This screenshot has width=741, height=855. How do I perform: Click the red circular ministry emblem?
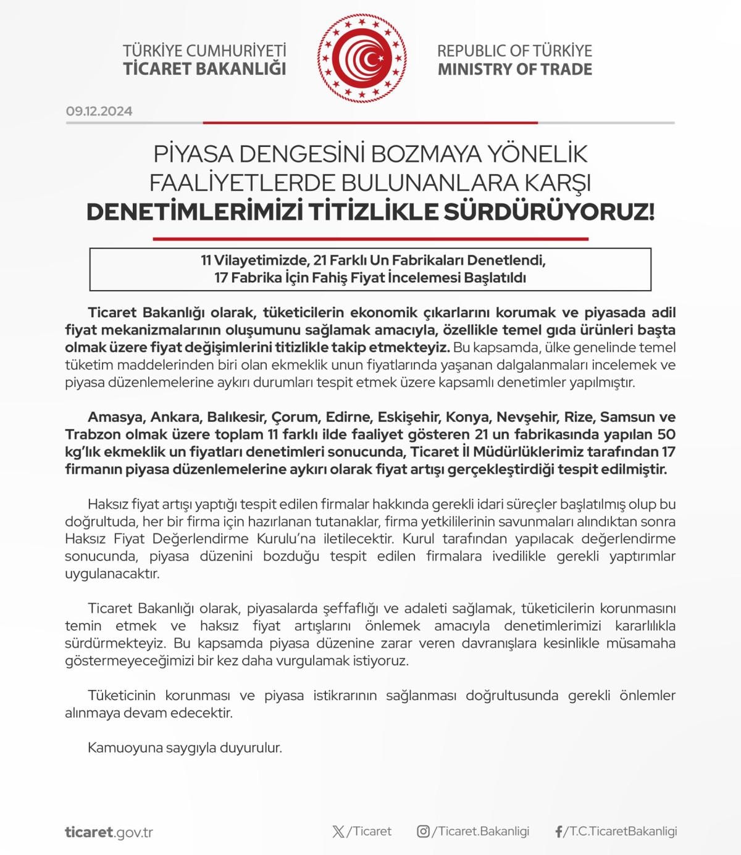point(363,59)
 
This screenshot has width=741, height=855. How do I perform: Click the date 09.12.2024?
point(99,112)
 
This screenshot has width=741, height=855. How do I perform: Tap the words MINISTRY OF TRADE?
point(514,69)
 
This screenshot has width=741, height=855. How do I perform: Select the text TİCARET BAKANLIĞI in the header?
point(204,69)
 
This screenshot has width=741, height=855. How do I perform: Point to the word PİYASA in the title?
point(192,154)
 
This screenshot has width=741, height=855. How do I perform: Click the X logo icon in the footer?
point(338,832)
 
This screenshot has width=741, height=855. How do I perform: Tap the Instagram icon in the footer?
point(423,832)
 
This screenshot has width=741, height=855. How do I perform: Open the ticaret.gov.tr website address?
point(109,832)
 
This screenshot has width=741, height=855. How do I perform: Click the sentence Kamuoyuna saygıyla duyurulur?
point(185,748)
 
